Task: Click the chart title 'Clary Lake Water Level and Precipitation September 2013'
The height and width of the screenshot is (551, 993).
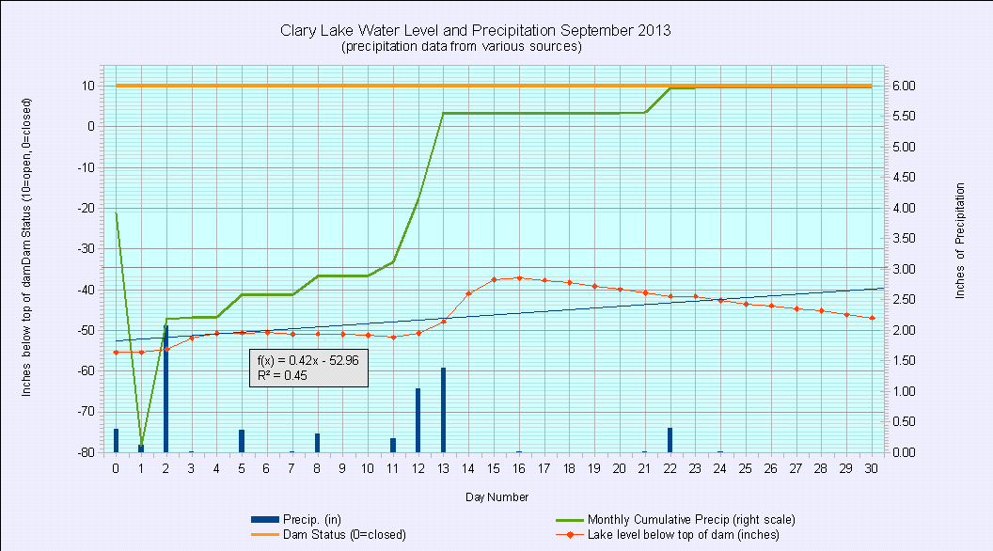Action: click(475, 30)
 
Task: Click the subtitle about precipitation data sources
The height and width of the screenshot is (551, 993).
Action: click(462, 46)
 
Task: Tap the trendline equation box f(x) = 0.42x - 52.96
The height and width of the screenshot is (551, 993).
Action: click(308, 368)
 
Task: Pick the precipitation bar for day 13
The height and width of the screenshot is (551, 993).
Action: click(443, 410)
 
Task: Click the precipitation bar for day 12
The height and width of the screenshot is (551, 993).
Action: click(418, 420)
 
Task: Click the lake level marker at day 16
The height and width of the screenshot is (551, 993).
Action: click(519, 278)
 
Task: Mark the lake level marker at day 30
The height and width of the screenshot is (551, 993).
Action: click(872, 318)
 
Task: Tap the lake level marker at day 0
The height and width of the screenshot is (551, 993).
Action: click(116, 353)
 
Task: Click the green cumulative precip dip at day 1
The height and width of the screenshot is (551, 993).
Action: click(141, 446)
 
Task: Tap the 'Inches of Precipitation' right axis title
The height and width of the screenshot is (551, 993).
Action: click(960, 242)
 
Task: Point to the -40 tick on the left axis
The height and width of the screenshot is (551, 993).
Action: click(87, 289)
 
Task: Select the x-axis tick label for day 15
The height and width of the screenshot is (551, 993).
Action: click(494, 467)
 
